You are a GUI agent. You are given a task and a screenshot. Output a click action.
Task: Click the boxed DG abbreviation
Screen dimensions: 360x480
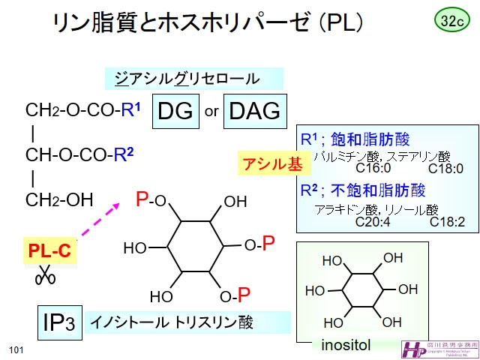pyautogui.click(x=175, y=112)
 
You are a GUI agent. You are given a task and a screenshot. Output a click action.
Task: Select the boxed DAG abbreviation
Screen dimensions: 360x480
pyautogui.click(x=253, y=112)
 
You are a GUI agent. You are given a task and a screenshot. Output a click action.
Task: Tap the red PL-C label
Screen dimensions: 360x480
pyautogui.click(x=49, y=251)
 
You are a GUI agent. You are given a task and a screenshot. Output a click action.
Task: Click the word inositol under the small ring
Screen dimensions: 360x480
pyautogui.click(x=346, y=346)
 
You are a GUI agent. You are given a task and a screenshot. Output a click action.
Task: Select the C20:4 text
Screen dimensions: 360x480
pyautogui.click(x=373, y=222)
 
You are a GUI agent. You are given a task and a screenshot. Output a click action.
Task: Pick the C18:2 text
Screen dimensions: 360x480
pyautogui.click(x=447, y=222)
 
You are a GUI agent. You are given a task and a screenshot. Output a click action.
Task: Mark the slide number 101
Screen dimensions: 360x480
pyautogui.click(x=17, y=350)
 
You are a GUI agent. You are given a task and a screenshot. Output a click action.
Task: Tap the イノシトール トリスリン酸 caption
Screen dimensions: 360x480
pyautogui.click(x=172, y=323)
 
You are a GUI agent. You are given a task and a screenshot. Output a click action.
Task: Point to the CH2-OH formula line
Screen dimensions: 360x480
pyautogui.click(x=59, y=200)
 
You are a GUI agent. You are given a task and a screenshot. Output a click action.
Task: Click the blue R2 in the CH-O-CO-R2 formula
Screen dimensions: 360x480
pyautogui.click(x=124, y=155)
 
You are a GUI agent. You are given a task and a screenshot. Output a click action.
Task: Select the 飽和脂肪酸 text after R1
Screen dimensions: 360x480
pyautogui.click(x=370, y=139)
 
